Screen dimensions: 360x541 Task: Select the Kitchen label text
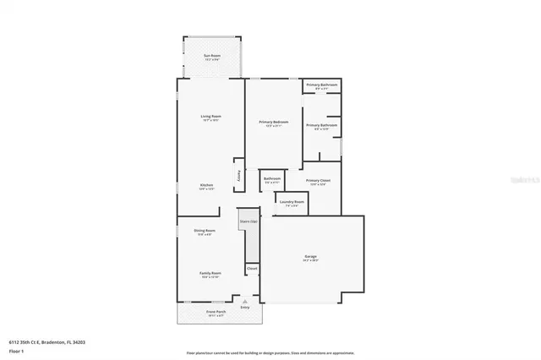pos(206,185)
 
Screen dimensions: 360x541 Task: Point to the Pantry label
pos(239,176)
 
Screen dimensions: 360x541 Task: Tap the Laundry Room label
pos(292,202)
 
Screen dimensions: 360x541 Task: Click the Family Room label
pos(210,274)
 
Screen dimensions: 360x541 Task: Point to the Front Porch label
pos(216,312)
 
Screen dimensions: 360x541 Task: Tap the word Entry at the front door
pos(245,307)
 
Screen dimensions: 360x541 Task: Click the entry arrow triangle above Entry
pos(245,301)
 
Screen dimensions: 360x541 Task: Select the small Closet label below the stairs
pos(252,268)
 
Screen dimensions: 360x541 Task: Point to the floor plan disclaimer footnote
pos(270,352)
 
